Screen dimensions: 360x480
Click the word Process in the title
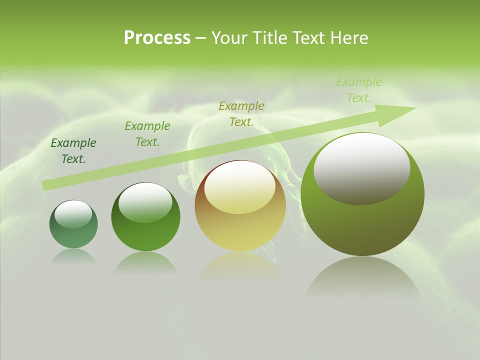point(157,38)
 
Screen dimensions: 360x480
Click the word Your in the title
point(229,38)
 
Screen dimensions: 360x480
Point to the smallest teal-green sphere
point(73,224)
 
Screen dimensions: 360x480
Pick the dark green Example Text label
point(73,151)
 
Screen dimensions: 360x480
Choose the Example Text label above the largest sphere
point(359,90)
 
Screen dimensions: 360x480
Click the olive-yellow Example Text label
point(241,113)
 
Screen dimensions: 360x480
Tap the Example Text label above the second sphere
point(147,134)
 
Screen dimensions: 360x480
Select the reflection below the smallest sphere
point(73,256)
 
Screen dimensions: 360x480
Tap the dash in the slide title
point(200,38)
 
